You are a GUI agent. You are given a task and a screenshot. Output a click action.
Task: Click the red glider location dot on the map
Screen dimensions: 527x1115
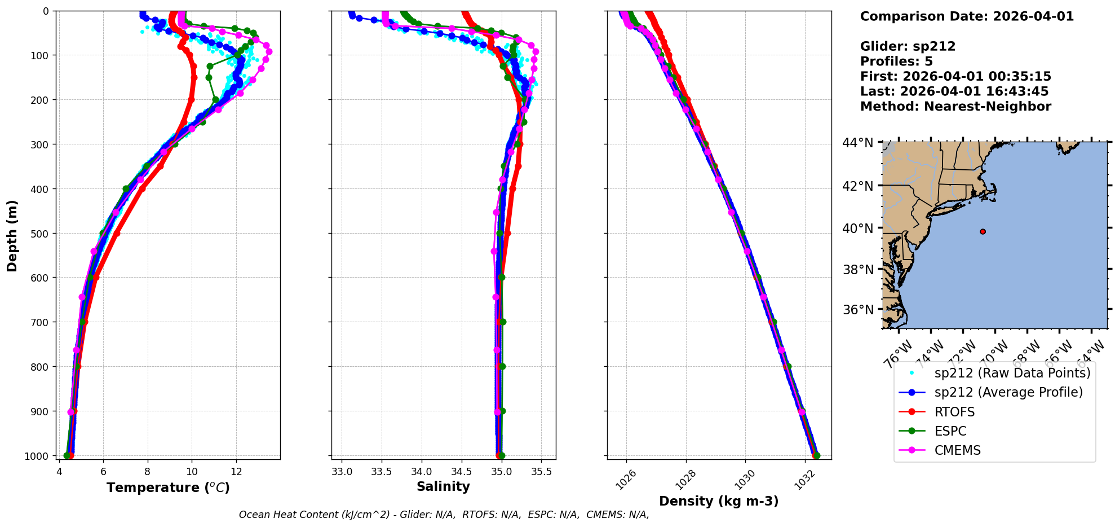983,231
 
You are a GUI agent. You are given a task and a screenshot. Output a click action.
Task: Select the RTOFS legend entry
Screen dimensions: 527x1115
954,412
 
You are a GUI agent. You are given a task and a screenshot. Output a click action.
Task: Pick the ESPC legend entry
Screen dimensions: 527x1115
950,431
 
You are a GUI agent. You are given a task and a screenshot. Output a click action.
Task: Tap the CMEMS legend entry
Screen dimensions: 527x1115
957,450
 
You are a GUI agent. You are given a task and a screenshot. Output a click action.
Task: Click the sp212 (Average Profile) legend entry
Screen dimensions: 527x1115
1008,392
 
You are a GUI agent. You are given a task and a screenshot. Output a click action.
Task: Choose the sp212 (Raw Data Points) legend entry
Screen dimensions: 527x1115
1012,373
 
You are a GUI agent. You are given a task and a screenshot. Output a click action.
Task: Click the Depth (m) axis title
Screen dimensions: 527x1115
12,235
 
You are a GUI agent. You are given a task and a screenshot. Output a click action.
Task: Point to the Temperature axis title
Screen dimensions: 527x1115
168,488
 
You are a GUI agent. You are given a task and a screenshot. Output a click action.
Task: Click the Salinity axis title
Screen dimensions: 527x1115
443,486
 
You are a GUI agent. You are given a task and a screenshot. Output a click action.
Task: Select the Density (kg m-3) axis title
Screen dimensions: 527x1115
719,501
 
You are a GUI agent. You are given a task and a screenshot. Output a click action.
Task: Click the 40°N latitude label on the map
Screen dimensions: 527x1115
858,229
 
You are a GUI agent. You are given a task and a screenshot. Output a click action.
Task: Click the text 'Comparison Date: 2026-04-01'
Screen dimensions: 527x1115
967,16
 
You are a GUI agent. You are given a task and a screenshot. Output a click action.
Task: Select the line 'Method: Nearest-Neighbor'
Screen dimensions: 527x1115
955,107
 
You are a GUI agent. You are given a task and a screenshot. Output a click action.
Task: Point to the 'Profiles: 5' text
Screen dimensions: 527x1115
896,62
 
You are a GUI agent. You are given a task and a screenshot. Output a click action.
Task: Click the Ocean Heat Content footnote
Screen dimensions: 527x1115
444,515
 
